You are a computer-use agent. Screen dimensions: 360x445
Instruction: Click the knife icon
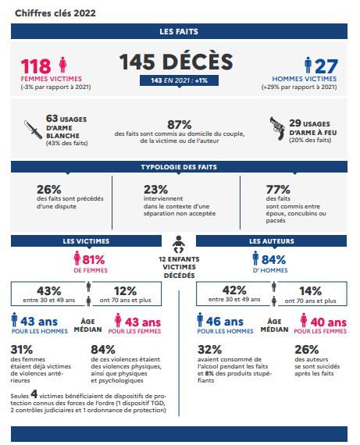coord(34,130)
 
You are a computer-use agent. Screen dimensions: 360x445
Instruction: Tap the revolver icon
coord(277,128)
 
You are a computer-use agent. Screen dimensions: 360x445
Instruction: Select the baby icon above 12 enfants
coord(179,244)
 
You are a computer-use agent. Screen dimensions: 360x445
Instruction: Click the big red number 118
coord(36,66)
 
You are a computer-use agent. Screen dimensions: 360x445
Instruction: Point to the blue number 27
coord(326,66)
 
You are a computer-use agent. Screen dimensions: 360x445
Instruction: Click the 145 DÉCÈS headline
coord(176,62)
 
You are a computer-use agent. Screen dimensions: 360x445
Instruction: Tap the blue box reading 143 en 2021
coord(179,80)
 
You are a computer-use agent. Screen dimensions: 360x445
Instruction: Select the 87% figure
coord(179,125)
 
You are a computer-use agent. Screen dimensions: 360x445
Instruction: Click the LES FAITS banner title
coord(179,31)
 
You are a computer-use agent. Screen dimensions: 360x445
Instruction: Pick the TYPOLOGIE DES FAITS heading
coord(179,167)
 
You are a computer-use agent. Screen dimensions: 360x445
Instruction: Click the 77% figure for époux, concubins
coord(278,189)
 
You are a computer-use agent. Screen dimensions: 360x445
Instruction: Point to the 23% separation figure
coord(155,189)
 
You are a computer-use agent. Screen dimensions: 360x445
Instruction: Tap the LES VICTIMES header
coord(86,241)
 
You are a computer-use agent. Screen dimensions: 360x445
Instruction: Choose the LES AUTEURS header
coord(272,241)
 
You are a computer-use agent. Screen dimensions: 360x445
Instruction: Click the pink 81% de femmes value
coord(94,259)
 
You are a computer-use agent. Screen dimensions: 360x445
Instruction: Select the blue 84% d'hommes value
coord(273,259)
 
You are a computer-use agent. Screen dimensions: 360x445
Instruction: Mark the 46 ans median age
coord(225,322)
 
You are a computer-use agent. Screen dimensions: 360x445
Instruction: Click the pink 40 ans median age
coord(329,322)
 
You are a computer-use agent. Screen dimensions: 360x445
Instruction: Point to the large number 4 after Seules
coord(34,394)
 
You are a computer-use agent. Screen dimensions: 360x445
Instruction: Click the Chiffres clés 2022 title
coord(55,13)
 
